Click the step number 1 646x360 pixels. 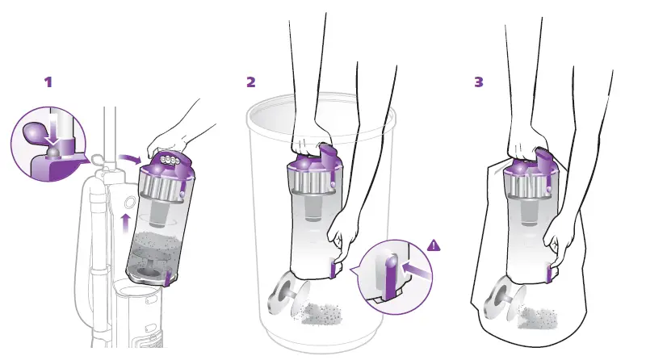tap(48, 82)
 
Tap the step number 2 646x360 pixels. tap(251, 82)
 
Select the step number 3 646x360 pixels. tap(480, 82)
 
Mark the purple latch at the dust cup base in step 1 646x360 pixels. tap(167, 279)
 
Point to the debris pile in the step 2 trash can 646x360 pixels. tap(326, 312)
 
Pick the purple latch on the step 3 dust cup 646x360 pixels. tap(549, 274)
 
